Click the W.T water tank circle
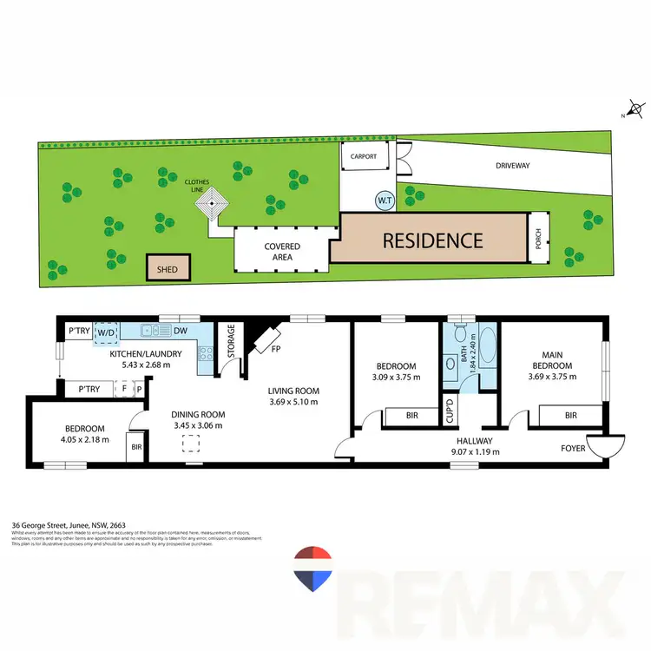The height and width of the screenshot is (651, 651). pyautogui.click(x=383, y=200)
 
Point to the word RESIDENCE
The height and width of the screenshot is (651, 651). pyautogui.click(x=432, y=240)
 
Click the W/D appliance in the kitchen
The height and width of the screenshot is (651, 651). pyautogui.click(x=106, y=331)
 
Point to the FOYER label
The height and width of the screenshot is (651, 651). pyautogui.click(x=573, y=450)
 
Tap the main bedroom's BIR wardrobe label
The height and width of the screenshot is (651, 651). pyautogui.click(x=569, y=416)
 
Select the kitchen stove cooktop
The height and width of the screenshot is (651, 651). pyautogui.click(x=205, y=354)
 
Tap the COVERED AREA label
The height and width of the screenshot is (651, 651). pyautogui.click(x=282, y=252)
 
